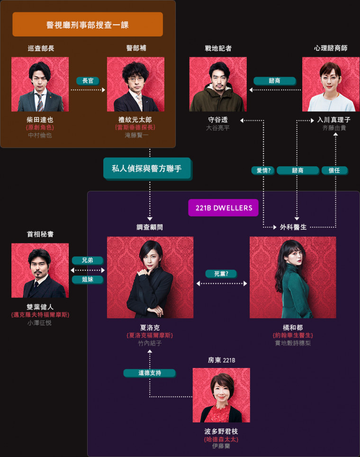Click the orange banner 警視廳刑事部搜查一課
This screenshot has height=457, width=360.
[88, 25]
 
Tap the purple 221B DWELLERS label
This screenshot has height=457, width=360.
[224, 207]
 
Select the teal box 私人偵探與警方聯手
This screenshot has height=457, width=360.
[147, 168]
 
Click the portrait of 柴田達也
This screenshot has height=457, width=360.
[40, 84]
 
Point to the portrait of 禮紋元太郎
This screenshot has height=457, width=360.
[135, 84]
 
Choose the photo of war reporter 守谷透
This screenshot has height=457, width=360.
[218, 84]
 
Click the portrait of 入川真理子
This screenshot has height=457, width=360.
[331, 84]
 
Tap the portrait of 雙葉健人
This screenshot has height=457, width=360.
[40, 270]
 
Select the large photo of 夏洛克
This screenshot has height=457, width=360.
[150, 277]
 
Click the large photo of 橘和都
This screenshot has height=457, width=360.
[293, 277]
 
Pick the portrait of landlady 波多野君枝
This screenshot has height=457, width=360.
[221, 395]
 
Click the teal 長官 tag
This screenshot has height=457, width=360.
[88, 81]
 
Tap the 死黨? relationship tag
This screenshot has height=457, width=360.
[221, 274]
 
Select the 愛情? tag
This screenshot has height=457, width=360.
[263, 170]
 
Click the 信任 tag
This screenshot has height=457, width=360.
[334, 170]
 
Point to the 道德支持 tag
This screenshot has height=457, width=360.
[150, 373]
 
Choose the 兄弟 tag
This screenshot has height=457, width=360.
[88, 260]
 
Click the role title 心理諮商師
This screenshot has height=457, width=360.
[331, 48]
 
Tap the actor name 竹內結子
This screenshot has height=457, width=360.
[150, 343]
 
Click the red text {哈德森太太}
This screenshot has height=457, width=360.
[221, 439]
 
